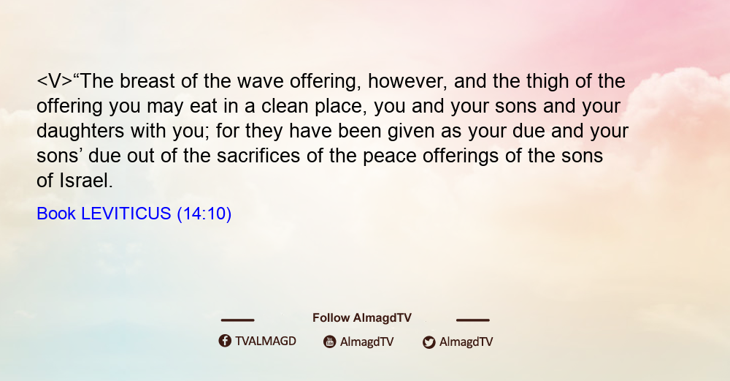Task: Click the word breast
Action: coord(147,81)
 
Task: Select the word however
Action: coord(407,82)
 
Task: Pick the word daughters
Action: coord(80,132)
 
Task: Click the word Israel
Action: coord(86,181)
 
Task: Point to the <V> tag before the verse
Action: coord(55,82)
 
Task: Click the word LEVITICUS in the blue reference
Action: coord(126,214)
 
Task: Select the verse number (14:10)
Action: coord(204,214)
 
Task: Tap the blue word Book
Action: coord(56,214)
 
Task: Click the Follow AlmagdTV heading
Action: coord(362,317)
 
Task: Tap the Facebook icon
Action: coord(225,341)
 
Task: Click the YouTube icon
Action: coord(330,342)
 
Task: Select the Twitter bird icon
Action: coord(429,342)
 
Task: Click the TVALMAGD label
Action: coord(266,342)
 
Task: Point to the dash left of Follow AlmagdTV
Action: coord(237,320)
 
